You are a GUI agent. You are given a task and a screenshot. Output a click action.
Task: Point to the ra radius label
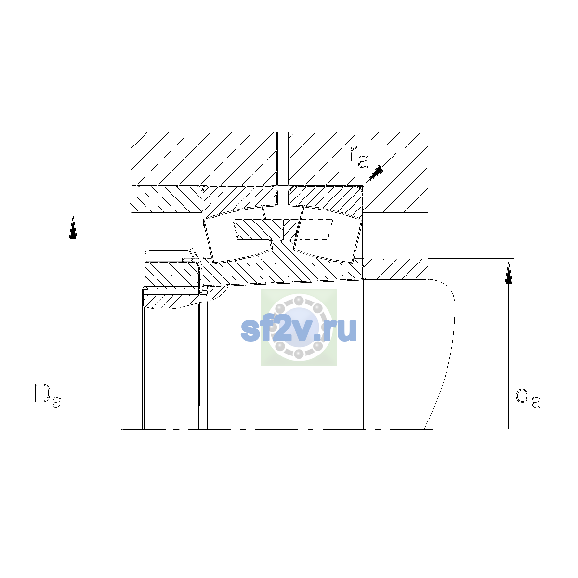point(359,157)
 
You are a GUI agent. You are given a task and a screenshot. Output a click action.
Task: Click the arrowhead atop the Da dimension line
point(73,227)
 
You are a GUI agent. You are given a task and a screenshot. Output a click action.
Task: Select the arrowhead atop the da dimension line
point(509,273)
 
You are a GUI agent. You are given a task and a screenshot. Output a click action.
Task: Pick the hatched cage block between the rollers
point(266,229)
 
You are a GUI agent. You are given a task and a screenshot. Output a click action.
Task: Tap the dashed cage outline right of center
point(315,229)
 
